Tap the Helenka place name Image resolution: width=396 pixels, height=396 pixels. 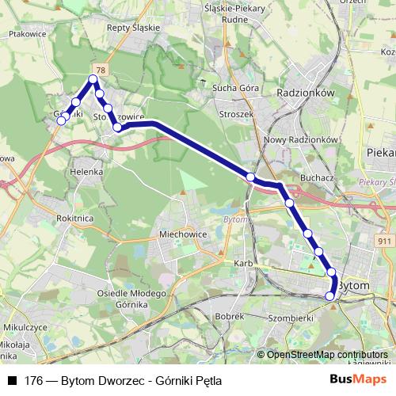(86, 171)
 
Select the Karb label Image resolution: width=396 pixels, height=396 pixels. (242, 262)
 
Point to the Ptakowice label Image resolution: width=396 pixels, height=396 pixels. (26, 34)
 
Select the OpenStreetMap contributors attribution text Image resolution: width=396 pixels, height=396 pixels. (326, 355)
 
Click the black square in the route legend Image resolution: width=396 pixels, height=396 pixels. (11, 379)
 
